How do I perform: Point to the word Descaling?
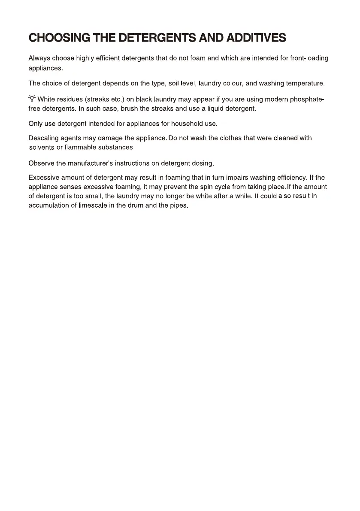43,138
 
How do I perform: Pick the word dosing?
203,163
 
